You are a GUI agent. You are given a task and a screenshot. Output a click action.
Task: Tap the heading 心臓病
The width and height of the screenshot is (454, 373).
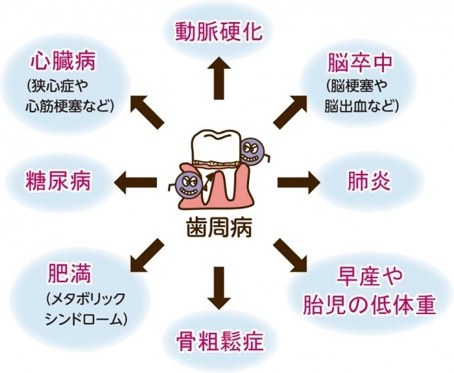[63, 62]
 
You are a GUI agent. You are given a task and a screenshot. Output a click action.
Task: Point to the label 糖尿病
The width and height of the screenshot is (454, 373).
[58, 181]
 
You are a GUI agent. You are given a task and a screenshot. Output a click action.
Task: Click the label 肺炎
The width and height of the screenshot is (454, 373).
[369, 181]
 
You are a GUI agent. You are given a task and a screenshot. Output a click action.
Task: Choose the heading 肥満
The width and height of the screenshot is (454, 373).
[70, 273]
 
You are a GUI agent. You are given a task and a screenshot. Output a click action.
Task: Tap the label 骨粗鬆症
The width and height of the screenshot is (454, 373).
[220, 342]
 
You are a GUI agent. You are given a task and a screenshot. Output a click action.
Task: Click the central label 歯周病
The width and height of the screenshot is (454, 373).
[218, 227]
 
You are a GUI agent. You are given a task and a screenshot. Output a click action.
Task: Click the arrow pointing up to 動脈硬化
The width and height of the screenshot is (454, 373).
[219, 78]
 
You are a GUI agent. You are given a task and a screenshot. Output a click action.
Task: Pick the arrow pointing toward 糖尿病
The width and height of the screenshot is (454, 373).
[135, 182]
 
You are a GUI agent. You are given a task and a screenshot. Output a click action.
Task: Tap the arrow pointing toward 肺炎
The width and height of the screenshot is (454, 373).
[299, 182]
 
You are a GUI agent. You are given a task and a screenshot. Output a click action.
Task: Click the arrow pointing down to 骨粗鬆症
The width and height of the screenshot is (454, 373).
[219, 288]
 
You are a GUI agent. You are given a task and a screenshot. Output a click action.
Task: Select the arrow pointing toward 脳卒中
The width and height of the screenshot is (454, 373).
[290, 112]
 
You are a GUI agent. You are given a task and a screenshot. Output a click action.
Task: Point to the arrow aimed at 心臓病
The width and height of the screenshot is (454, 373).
[148, 112]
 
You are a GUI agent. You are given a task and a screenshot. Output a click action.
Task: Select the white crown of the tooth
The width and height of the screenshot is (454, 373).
[216, 146]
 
